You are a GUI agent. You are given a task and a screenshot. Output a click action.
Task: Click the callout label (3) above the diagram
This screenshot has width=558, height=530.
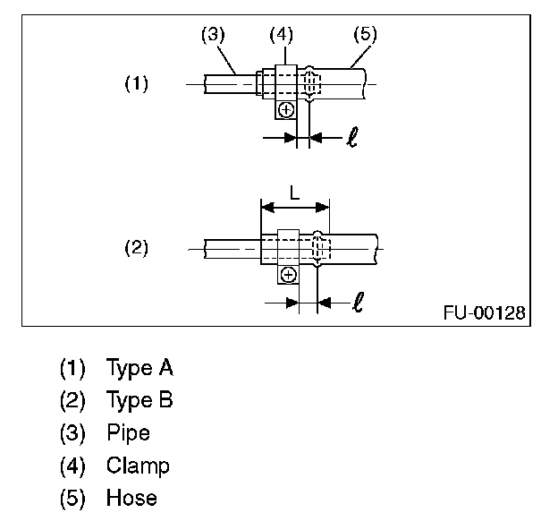[x=212, y=35]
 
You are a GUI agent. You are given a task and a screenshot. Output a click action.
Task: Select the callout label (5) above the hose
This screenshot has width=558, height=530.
[x=365, y=35]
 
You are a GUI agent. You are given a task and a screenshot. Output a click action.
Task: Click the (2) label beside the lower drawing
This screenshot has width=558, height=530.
[x=136, y=247]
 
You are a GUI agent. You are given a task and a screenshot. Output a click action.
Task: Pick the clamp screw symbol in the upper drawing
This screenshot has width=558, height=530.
[x=285, y=110]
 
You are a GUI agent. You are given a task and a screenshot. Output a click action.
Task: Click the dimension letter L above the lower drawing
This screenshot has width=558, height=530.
[x=295, y=192]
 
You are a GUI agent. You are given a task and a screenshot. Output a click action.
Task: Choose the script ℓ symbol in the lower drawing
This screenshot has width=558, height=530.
[x=358, y=303]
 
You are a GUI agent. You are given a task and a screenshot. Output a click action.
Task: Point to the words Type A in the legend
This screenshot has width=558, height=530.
[x=139, y=367]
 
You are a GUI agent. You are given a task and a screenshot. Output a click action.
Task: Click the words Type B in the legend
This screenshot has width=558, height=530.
[x=139, y=400]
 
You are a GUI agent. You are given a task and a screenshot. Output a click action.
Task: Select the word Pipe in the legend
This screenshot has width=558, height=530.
[x=128, y=433]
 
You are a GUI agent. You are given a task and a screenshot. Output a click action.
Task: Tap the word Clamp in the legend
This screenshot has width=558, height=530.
[x=138, y=466]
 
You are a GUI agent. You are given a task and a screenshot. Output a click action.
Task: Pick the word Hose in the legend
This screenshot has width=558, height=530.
[x=131, y=498]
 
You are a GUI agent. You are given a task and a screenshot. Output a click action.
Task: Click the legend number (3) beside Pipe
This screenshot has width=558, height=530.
[x=72, y=433]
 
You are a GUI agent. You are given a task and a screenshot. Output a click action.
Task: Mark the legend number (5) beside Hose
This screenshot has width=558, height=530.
[x=72, y=498]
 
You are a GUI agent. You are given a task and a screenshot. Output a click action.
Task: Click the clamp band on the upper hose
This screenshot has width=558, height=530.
[x=285, y=82]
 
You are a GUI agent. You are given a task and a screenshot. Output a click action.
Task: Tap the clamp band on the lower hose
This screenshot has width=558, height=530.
[x=288, y=246]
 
